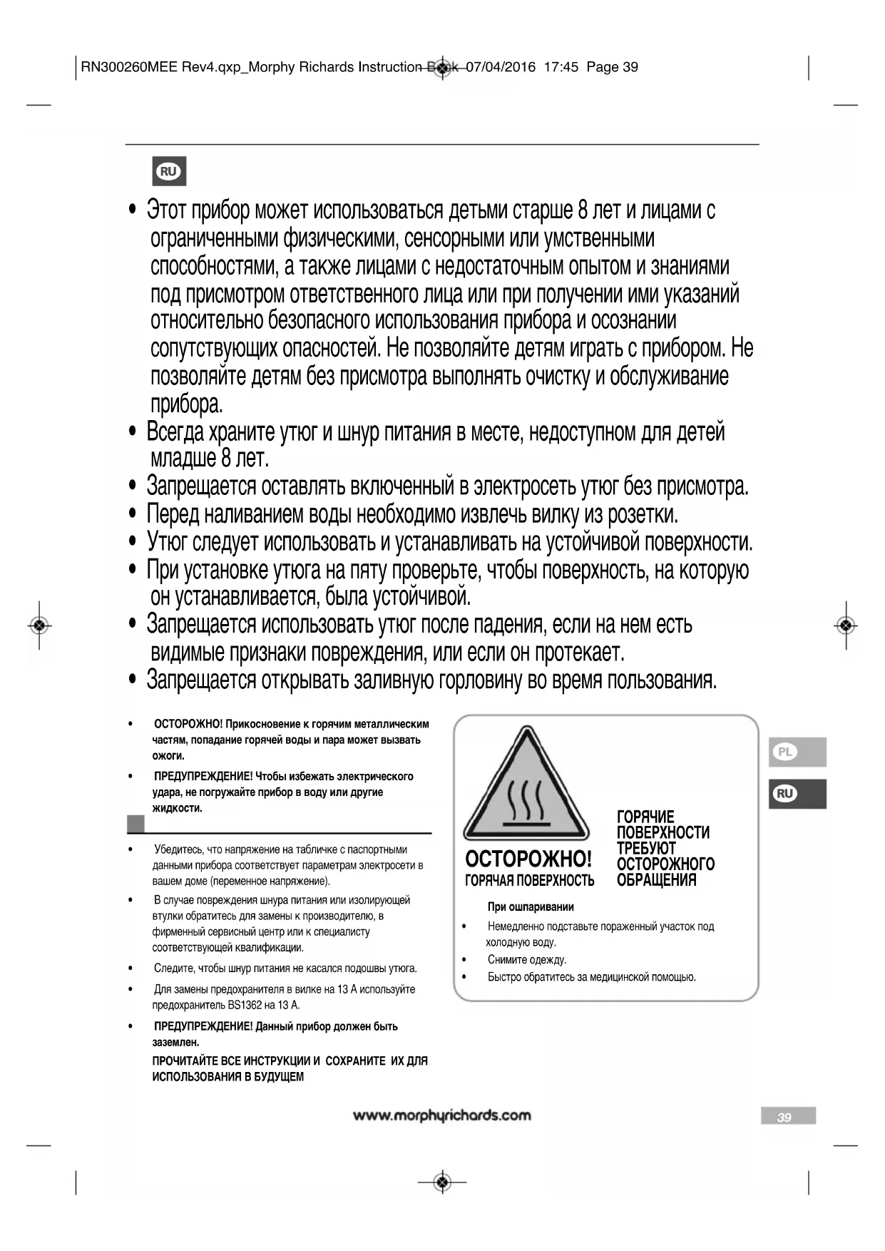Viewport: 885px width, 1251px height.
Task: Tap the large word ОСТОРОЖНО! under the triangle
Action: click(528, 858)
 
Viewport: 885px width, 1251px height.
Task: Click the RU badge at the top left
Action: click(169, 171)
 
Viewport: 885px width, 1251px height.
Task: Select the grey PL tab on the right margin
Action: click(797, 752)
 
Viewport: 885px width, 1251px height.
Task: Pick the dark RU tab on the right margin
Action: click(797, 794)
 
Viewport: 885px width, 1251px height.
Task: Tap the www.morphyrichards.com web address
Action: click(442, 1115)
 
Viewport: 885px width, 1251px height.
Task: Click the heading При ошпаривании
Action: click(531, 907)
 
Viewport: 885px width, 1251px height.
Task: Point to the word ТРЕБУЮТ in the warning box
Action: click(646, 848)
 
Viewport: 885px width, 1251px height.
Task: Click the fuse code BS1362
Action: click(245, 1005)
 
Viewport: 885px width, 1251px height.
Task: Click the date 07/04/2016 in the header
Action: click(501, 67)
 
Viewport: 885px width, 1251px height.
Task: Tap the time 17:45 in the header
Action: click(561, 67)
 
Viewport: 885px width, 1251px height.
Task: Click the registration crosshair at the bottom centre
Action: click(443, 1182)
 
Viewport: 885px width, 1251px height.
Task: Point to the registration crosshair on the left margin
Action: click(39, 625)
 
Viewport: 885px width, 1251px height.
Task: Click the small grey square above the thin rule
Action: click(135, 824)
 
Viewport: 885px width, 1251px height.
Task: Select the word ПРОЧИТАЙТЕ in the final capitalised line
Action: click(183, 1061)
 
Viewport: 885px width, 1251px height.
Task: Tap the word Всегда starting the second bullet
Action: click(175, 432)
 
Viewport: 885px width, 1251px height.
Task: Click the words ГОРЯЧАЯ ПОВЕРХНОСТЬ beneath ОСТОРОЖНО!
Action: click(529, 880)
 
